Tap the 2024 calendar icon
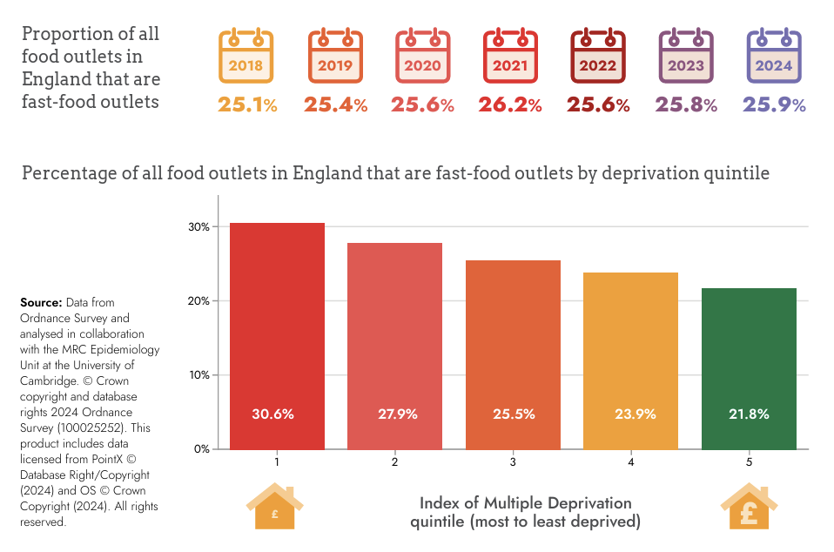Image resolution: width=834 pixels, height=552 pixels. tap(774, 57)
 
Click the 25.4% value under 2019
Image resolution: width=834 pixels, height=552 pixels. tap(335, 105)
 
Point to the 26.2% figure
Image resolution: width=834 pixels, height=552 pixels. tap(510, 105)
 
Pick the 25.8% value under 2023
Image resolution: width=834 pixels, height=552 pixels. tap(686, 105)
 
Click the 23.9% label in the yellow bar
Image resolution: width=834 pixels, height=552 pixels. tap(630, 414)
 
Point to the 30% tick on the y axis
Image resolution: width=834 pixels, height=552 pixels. tap(198, 227)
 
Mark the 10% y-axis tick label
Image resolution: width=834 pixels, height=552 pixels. tap(198, 375)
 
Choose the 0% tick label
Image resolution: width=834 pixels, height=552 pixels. tap(201, 449)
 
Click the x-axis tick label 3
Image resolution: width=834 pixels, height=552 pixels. tap(513, 461)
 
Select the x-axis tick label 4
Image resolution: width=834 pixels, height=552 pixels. tap(630, 461)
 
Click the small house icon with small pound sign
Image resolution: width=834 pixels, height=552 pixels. tap(274, 508)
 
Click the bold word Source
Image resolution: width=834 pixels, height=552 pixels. tap(41, 302)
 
